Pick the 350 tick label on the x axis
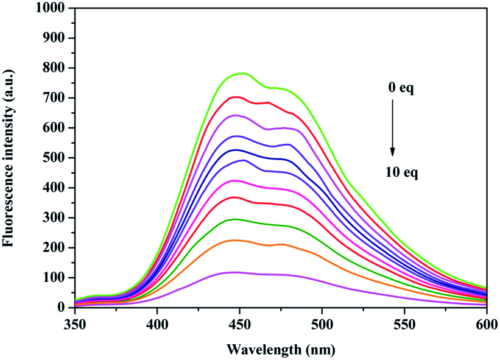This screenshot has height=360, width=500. pyautogui.click(x=75, y=325)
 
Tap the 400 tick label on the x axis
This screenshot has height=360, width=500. pyautogui.click(x=157, y=325)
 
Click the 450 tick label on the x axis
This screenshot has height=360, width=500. pyautogui.click(x=240, y=325)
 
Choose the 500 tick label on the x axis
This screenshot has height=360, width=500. pyautogui.click(x=322, y=325)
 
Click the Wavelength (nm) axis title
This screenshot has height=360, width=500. pyautogui.click(x=281, y=350)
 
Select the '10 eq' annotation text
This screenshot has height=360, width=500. pyautogui.click(x=401, y=172)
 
